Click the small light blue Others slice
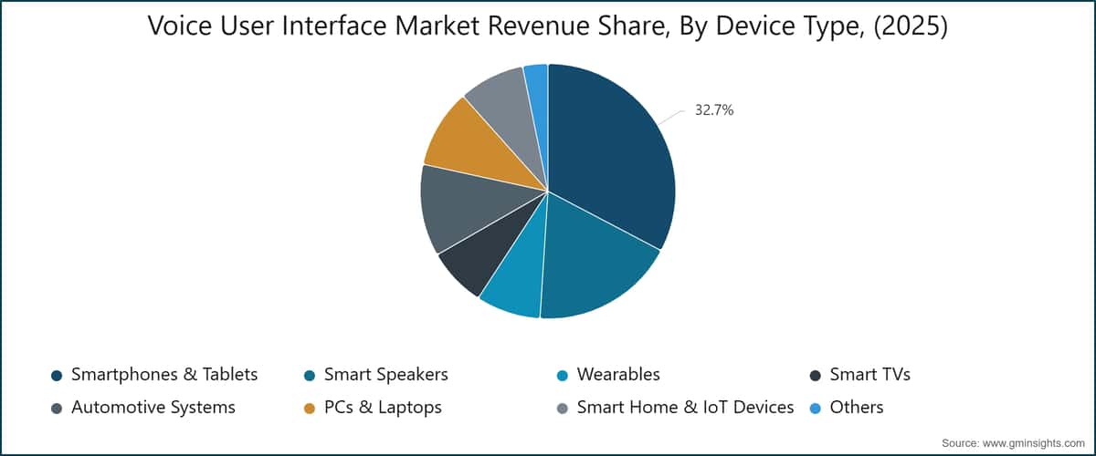pos(537,98)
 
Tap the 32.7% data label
pos(714,110)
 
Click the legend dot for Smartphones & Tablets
pos(57,376)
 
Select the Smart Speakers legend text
pos(386,375)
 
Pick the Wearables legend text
pos(618,375)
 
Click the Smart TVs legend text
pos(869,375)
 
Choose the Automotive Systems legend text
pos(153,408)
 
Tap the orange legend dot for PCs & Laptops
pos(310,409)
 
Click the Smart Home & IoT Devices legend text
pos(685,407)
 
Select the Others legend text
pos(857,407)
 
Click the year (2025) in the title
pos(910,26)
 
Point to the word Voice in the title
pos(180,26)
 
